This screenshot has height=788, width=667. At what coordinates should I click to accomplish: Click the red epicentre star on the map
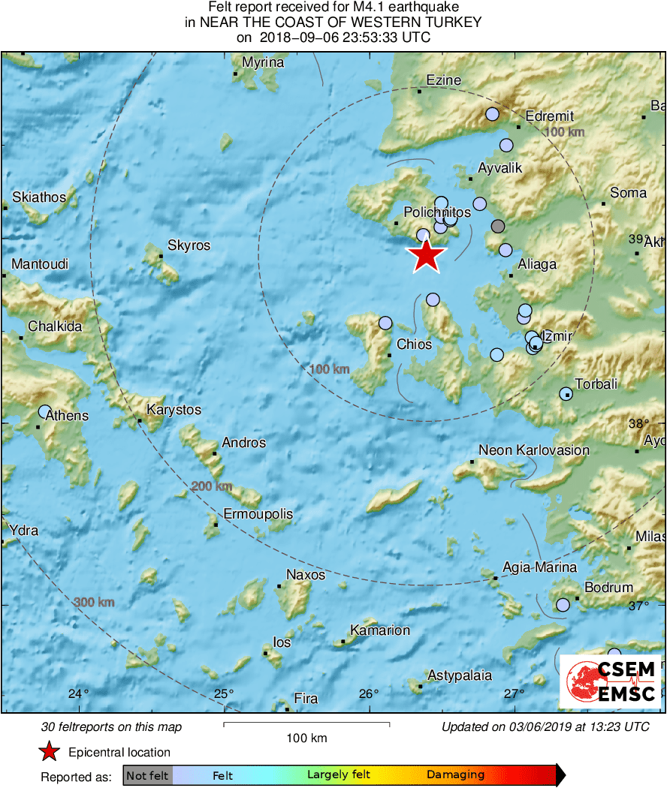(426, 255)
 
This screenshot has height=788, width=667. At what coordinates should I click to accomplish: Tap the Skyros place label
(189, 245)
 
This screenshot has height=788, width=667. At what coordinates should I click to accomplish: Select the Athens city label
(67, 416)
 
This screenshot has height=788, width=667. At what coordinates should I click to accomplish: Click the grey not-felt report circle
(497, 226)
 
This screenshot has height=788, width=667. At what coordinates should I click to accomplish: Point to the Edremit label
(550, 116)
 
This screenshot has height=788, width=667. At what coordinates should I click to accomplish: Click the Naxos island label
(306, 575)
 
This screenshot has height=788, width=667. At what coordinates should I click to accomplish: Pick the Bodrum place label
(608, 588)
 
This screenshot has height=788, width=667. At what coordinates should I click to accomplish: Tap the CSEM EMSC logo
(610, 681)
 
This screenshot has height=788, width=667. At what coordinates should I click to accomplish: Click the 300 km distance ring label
(94, 603)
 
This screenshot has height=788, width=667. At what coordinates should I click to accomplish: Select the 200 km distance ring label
(211, 486)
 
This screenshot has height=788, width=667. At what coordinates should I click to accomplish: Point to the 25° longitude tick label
(225, 693)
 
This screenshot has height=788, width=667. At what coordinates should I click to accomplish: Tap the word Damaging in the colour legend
(455, 774)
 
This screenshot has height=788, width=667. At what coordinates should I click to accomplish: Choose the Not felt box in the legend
(147, 774)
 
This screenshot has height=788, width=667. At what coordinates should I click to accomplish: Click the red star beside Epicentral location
(50, 752)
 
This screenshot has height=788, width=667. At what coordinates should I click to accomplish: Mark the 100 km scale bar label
(306, 738)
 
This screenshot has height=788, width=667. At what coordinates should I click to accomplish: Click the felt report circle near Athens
(45, 411)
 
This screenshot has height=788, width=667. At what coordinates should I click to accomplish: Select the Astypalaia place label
(460, 675)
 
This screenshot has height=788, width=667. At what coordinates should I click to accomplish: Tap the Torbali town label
(596, 384)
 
